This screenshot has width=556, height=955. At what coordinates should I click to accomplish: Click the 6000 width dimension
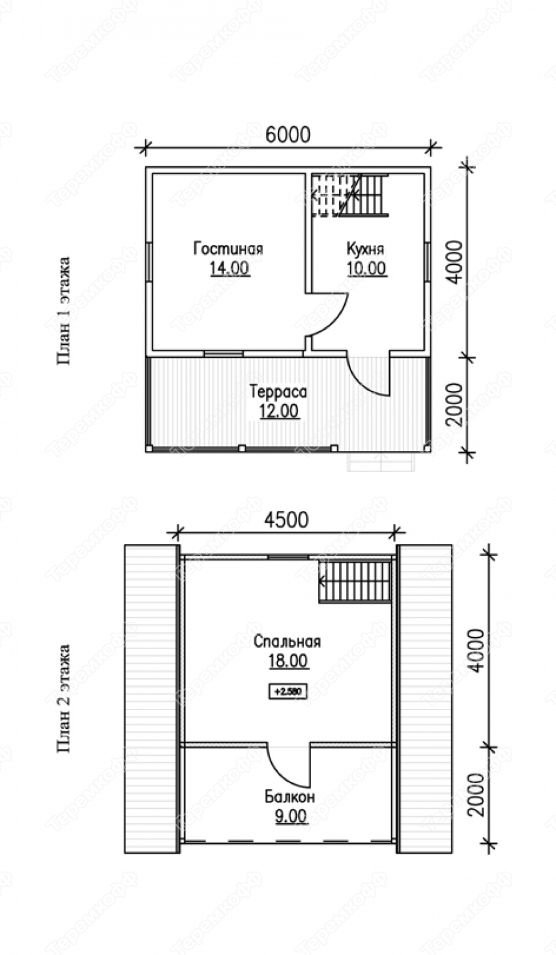[288, 135]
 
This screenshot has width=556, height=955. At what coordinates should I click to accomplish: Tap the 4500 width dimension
[286, 520]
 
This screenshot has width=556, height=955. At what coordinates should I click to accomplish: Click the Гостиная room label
[228, 249]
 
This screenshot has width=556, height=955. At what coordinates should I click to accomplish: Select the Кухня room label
[365, 249]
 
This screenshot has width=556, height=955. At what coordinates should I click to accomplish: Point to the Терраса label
[279, 392]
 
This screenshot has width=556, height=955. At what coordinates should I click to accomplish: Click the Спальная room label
[287, 641]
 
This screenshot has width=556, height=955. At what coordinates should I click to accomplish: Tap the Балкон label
[290, 796]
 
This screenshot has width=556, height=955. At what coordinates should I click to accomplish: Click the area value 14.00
[229, 268]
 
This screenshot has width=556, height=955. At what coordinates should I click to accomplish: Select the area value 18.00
[288, 661]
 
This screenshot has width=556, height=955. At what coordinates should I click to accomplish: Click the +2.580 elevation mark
[288, 691]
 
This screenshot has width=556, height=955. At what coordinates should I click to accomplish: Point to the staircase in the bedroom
[355, 582]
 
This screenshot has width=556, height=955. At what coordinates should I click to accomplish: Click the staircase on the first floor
[350, 195]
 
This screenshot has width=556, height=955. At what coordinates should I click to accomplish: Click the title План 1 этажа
[63, 310]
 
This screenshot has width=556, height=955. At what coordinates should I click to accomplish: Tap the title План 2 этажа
[63, 698]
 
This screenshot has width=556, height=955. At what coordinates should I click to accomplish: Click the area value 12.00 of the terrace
[279, 412]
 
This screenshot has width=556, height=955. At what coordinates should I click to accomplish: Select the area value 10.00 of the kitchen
[367, 268]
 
